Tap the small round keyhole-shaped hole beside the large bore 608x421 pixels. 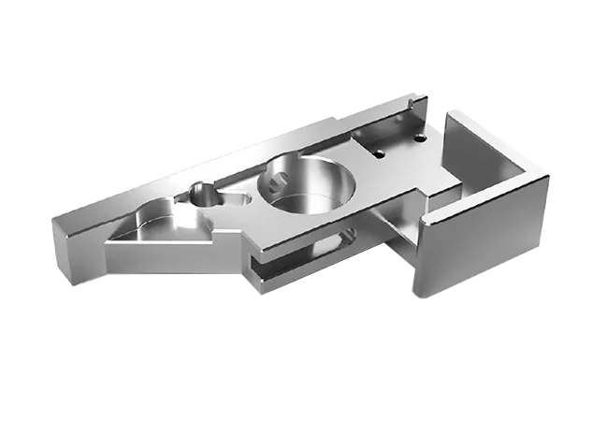point(202,195)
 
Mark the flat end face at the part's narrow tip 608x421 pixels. point(74,252)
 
